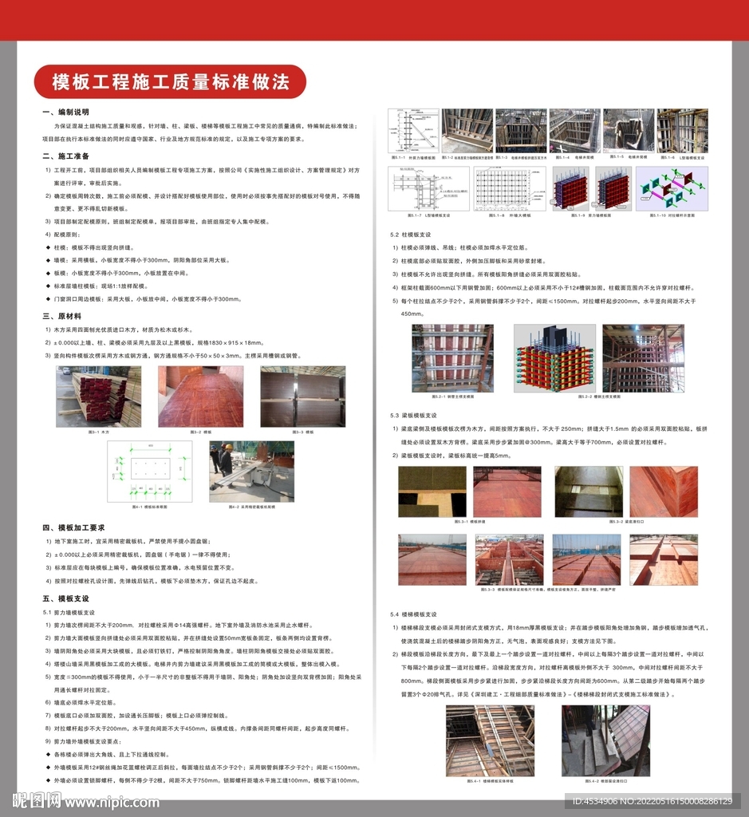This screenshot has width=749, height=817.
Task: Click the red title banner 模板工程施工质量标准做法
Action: click(x=169, y=81)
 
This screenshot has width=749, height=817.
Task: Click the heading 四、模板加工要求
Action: click(x=73, y=527)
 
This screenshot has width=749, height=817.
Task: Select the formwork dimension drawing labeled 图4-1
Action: click(x=150, y=471)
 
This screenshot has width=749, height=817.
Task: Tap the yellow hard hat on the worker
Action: click(x=227, y=447)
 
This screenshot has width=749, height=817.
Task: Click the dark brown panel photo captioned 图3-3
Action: click(x=303, y=397)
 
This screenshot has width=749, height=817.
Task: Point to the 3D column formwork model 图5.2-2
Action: click(x=554, y=357)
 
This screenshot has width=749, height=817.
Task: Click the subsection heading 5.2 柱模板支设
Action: click(x=411, y=235)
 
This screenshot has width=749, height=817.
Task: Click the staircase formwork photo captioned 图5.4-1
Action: click(x=490, y=740)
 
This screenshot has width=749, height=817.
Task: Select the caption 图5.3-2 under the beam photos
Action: click(x=606, y=521)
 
